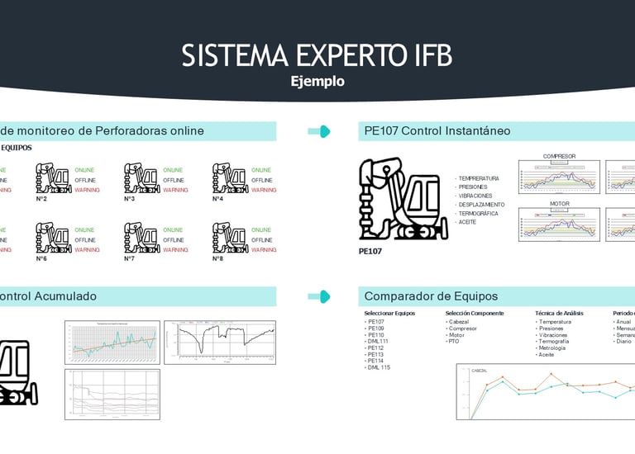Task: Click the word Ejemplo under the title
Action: click(317, 82)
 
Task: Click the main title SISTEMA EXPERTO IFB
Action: click(317, 55)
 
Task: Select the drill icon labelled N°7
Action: click(141, 237)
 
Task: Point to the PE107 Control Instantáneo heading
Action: click(437, 130)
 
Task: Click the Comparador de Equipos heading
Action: click(431, 296)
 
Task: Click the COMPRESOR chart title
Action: click(559, 156)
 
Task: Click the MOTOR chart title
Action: click(559, 203)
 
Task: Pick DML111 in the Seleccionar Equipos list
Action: click(378, 341)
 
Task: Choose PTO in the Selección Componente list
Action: click(453, 341)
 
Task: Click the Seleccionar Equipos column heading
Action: click(390, 313)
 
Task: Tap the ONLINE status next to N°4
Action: click(260, 170)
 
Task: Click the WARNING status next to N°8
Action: click(264, 249)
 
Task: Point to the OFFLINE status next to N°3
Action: click(173, 180)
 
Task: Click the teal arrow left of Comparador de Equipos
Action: click(318, 296)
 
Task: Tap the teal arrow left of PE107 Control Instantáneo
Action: click(318, 130)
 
